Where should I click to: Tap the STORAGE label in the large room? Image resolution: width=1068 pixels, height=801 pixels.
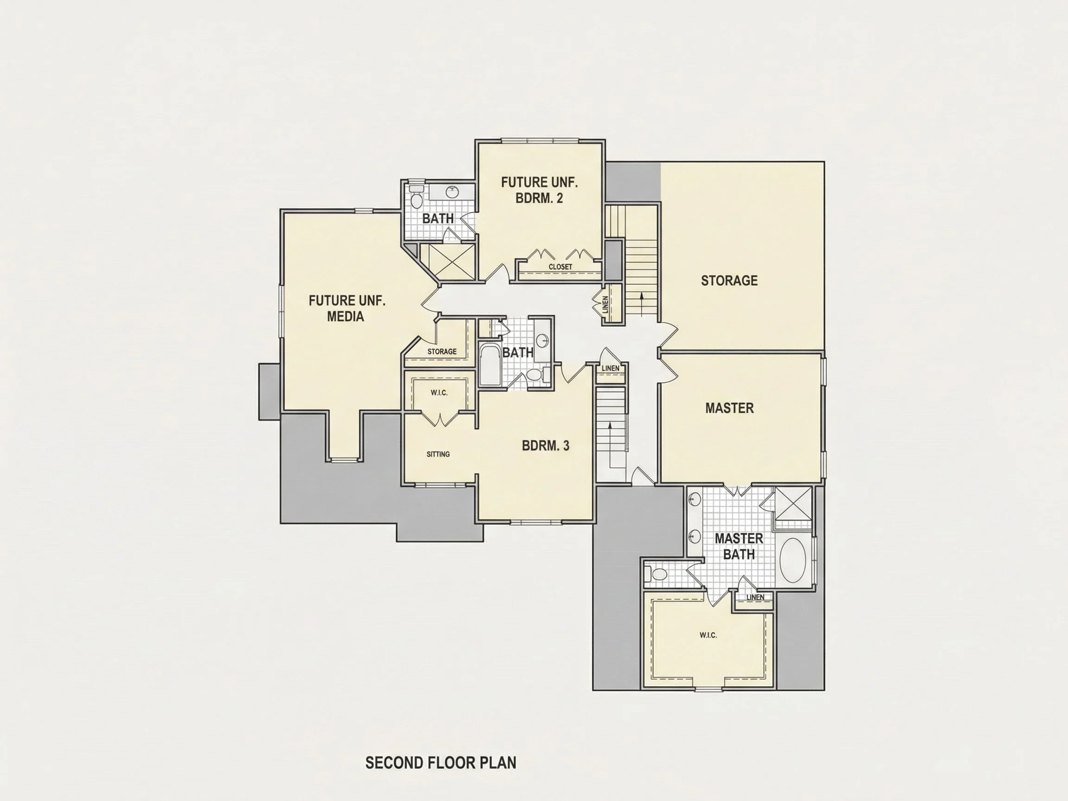[x=729, y=280]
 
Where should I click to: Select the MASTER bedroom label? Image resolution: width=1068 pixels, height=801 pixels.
[x=729, y=408]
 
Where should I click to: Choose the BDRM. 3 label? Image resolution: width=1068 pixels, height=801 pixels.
[x=546, y=445]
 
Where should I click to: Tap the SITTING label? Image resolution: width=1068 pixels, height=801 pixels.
[x=438, y=454]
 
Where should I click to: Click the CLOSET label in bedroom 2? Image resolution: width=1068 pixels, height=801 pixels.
[x=560, y=267]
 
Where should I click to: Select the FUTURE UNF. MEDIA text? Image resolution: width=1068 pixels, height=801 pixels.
[x=347, y=309]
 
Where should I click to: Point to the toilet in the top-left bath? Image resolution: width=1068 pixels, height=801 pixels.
[x=416, y=197]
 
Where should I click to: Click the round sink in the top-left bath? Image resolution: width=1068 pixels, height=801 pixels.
[x=452, y=192]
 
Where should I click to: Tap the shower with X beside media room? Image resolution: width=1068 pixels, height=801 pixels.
[x=447, y=262]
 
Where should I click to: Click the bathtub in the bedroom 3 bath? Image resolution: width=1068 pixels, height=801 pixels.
[x=490, y=364]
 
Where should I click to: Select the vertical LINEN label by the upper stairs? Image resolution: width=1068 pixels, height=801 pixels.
[x=605, y=305]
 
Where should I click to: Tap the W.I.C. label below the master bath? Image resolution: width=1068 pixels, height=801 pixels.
[x=708, y=635]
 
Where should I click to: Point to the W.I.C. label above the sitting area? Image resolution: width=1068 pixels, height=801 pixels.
[x=439, y=393]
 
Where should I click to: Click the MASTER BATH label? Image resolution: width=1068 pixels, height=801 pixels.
[x=739, y=547]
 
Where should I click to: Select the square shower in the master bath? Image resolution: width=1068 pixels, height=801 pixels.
[x=793, y=503]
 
